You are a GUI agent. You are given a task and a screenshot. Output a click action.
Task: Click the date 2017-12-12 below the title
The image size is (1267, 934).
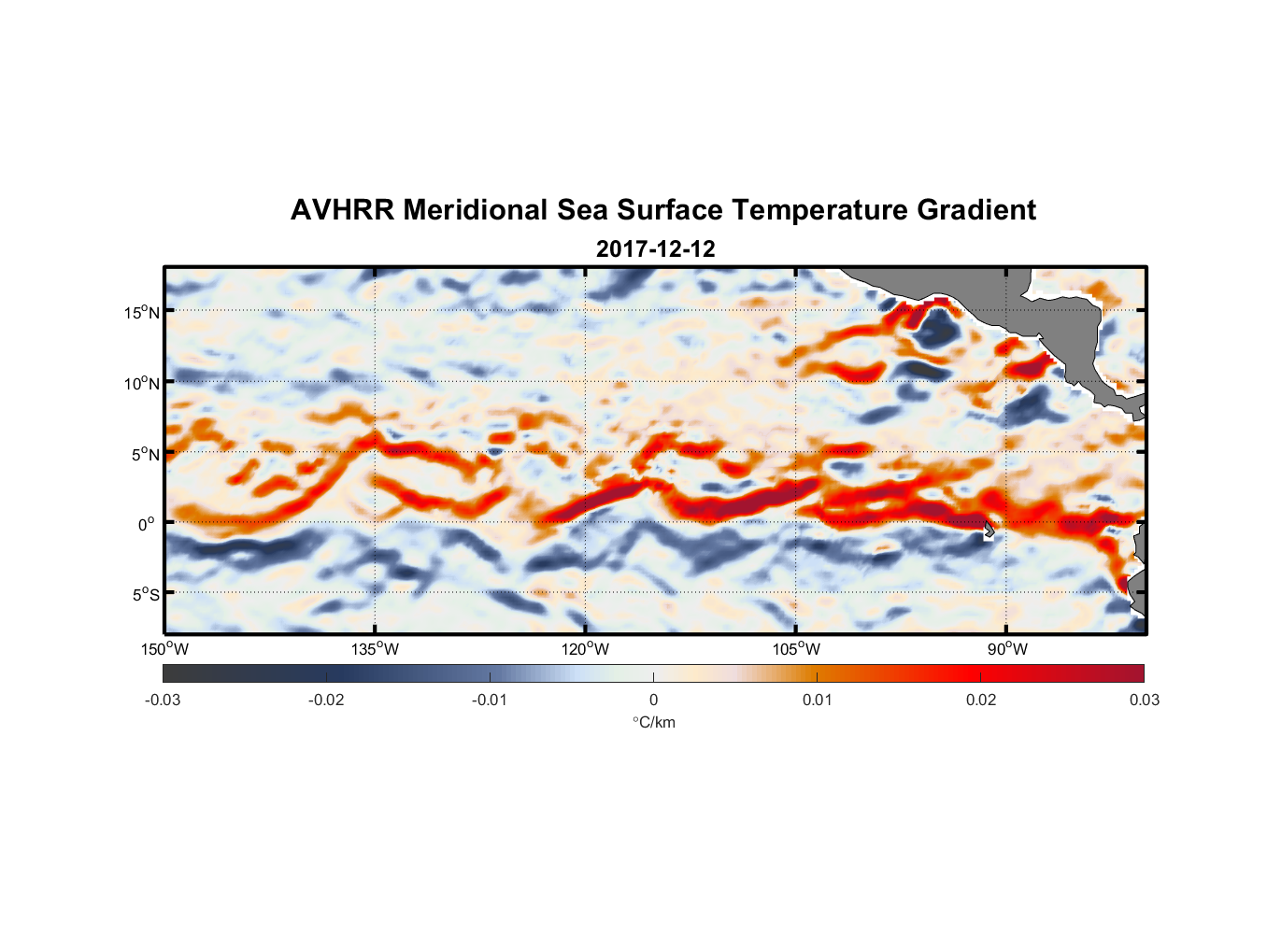pyautogui.click(x=655, y=249)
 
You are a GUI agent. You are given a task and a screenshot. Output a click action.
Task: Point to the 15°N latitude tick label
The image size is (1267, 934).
pyautogui.click(x=142, y=312)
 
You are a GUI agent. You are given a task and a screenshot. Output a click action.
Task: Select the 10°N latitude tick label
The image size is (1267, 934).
pyautogui.click(x=142, y=383)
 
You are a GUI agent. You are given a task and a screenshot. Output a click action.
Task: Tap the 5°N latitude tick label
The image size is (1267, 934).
pyautogui.click(x=145, y=454)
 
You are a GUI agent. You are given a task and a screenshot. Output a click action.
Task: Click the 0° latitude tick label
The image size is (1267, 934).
pyautogui.click(x=147, y=524)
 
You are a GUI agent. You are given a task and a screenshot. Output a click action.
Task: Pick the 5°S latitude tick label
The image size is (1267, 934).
pyautogui.click(x=145, y=594)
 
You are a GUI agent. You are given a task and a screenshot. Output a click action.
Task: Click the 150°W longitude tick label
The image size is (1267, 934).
pyautogui.click(x=165, y=649)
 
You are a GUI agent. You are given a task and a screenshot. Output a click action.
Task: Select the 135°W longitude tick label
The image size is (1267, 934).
pyautogui.click(x=376, y=649)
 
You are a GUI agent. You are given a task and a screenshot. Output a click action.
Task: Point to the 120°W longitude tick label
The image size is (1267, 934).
pyautogui.click(x=586, y=649)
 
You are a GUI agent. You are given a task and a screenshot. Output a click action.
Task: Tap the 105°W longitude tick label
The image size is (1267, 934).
pyautogui.click(x=796, y=649)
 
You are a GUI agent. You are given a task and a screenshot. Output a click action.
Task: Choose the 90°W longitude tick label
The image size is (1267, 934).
pyautogui.click(x=1007, y=649)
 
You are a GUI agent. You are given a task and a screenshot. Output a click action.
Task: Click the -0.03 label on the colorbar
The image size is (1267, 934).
pyautogui.click(x=163, y=700)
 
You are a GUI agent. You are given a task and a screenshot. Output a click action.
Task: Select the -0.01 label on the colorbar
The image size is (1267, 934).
pyautogui.click(x=490, y=700)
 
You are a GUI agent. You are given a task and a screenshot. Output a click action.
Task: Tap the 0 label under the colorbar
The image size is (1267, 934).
pyautogui.click(x=653, y=700)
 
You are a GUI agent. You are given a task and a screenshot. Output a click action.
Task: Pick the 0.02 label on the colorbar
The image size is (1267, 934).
pyautogui.click(x=981, y=700)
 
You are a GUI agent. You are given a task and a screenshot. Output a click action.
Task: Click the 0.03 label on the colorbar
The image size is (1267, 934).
pyautogui.click(x=1144, y=700)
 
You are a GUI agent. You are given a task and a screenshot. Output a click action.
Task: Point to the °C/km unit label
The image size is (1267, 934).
pyautogui.click(x=653, y=722)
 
